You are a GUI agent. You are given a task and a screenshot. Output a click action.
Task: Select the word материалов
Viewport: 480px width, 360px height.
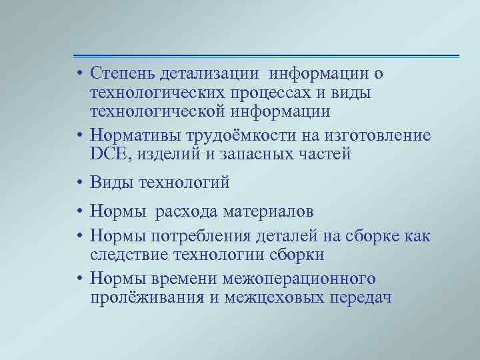265,213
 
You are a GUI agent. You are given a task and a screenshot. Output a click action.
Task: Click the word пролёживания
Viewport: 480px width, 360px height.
147,296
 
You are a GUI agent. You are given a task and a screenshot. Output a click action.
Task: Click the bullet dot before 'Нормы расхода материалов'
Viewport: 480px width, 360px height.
79,213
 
